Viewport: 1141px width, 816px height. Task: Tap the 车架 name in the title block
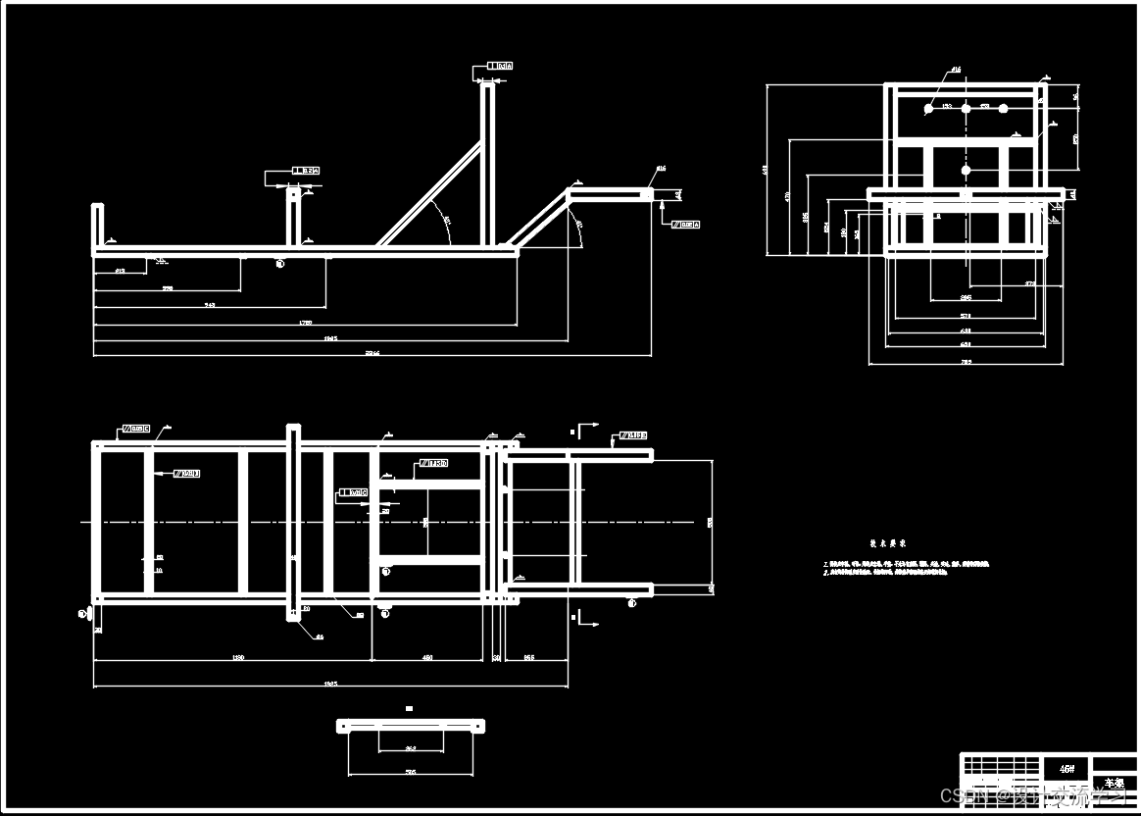coord(1115,784)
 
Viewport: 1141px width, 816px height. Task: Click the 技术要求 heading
coord(887,542)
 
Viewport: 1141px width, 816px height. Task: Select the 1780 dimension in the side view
coord(305,321)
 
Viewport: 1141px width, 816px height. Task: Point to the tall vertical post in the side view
coord(487,167)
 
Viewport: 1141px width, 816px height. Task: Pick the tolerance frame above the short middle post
coord(305,171)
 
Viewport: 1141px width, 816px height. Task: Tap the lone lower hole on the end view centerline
coord(966,171)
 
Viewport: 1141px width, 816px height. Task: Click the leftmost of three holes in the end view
coord(928,109)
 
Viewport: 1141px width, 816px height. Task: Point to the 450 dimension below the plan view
coord(427,656)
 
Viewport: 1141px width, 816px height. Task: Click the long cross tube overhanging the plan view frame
coord(293,522)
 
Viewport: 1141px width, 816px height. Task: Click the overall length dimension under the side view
coord(372,352)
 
